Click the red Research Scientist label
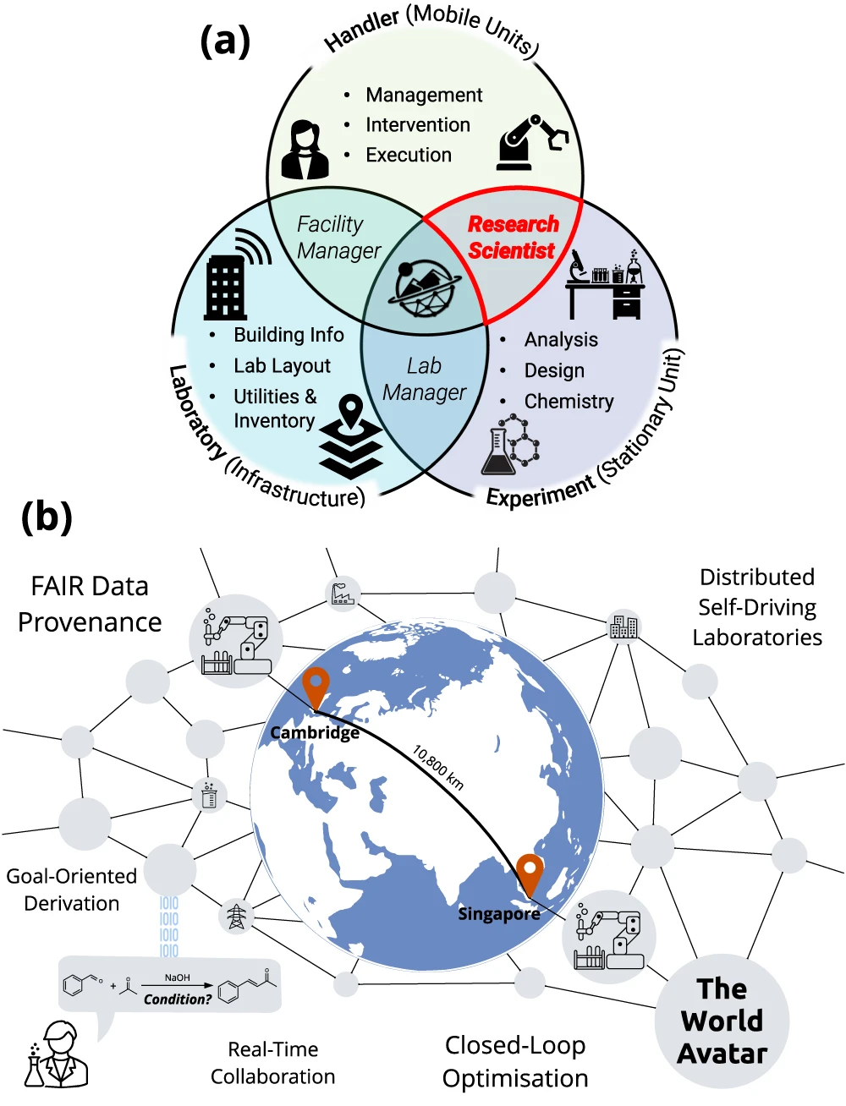[513, 238]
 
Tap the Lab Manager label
[424, 379]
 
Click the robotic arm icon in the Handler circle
[531, 142]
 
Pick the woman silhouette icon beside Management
[305, 150]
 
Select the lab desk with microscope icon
[605, 285]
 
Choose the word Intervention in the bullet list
[418, 125]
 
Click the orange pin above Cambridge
[315, 687]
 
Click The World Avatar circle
[722, 1021]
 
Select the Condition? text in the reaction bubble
[178, 999]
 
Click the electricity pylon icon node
[236, 917]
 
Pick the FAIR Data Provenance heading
[90, 604]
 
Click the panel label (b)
[47, 516]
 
